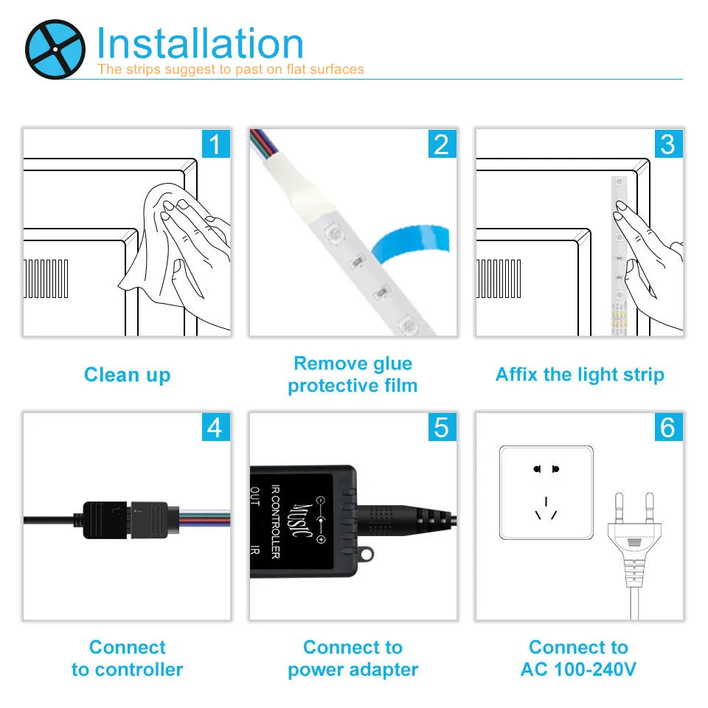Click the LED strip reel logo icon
[x=55, y=49]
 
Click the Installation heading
[x=200, y=44]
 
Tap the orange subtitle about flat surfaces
[x=231, y=69]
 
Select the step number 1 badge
[x=216, y=144]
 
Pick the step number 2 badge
[x=442, y=144]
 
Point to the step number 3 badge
[x=668, y=144]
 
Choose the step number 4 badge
[x=216, y=427]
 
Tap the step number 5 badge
[x=442, y=427]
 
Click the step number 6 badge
[x=668, y=427]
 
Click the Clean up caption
[x=128, y=375]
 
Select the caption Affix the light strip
[x=580, y=375]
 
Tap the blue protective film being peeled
[x=410, y=243]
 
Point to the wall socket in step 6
[x=546, y=493]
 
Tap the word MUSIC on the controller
[x=300, y=521]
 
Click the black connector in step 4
[x=125, y=520]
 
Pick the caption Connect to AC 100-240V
[x=578, y=659]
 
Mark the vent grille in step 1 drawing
[x=46, y=279]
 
